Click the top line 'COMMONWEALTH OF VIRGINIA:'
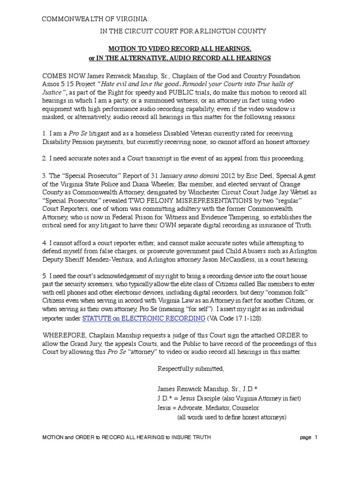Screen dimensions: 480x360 97,19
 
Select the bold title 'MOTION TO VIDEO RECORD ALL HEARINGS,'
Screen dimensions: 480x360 180,49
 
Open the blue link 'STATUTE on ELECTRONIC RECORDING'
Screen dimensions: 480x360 144,318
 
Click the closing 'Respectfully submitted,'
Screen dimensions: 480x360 191,368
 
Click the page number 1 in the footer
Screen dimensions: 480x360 316,437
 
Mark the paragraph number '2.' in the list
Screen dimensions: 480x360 45,158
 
